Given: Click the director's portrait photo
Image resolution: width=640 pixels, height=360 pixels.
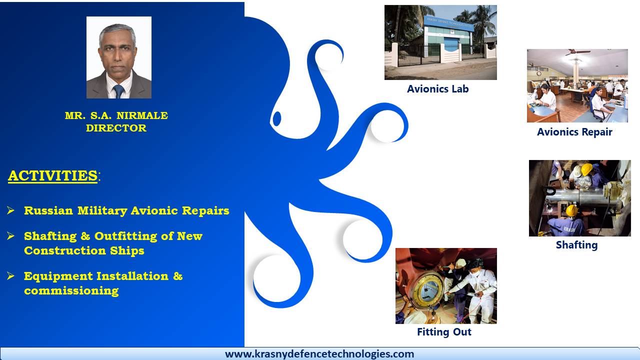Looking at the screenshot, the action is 119,57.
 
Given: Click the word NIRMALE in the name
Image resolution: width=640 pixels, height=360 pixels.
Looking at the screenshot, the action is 142,115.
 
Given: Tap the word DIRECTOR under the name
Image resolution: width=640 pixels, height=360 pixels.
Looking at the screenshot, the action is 116,128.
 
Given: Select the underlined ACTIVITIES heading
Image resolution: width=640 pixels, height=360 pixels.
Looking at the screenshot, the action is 53,175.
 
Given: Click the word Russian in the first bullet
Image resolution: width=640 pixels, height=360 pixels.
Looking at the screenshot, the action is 48,210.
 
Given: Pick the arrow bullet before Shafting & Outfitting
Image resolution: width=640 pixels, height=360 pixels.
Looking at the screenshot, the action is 10,236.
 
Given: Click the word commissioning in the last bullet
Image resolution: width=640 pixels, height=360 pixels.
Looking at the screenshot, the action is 71,291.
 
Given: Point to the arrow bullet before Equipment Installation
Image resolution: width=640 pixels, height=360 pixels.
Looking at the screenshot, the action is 10,276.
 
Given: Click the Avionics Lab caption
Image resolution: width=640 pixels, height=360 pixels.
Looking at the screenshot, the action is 437,89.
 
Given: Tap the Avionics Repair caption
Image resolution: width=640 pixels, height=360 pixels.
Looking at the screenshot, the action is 574,132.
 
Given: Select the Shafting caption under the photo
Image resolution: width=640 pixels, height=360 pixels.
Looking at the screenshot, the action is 576,245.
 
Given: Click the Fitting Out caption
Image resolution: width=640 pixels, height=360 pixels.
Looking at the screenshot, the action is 444,331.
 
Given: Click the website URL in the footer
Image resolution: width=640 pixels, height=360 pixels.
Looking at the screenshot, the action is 319,354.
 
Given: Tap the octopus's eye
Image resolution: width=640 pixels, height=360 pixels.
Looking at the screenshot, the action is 277,118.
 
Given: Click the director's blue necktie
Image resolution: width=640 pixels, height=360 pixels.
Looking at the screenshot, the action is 118,91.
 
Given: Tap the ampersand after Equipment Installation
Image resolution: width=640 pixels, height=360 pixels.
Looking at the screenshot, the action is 177,276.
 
